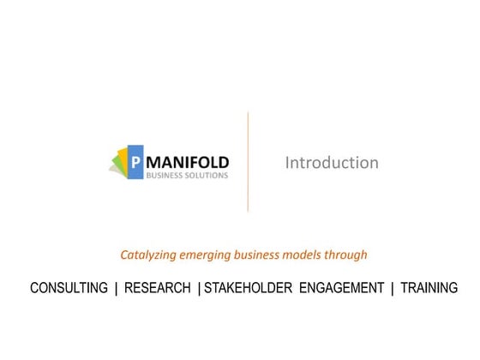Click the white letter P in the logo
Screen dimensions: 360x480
(135, 160)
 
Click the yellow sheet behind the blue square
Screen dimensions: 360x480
(123, 159)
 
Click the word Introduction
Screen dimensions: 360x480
(332, 162)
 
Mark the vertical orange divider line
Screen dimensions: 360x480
(248, 161)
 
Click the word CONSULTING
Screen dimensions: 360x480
(69, 288)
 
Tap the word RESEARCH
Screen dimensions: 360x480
(158, 288)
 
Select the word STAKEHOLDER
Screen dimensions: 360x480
(249, 288)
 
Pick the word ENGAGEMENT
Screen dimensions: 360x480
(341, 288)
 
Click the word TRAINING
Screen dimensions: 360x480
(429, 288)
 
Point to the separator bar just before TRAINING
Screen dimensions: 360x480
(393, 288)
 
